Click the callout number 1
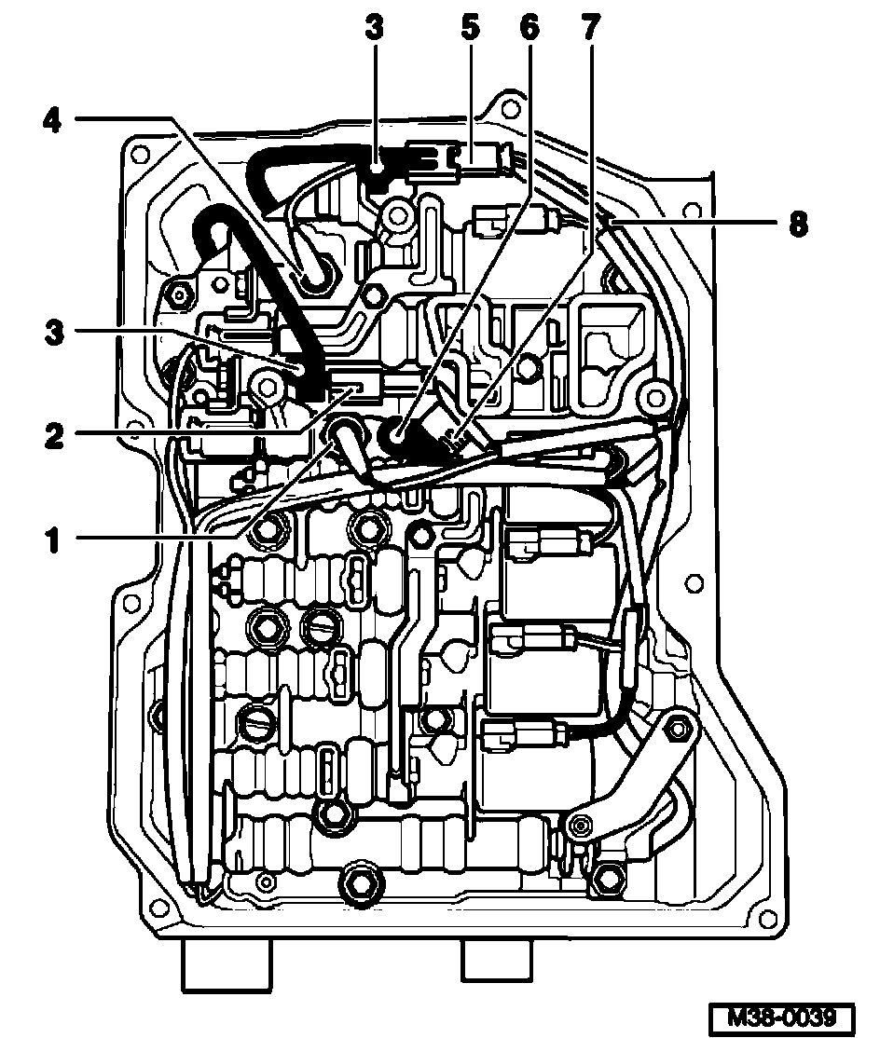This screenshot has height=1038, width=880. click(53, 539)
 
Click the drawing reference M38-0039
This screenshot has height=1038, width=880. click(781, 1015)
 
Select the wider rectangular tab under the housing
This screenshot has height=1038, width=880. click(226, 965)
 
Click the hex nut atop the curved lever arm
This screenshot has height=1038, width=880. click(680, 727)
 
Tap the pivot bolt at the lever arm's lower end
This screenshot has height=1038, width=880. click(580, 825)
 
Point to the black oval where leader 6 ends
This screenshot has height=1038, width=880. click(398, 430)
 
